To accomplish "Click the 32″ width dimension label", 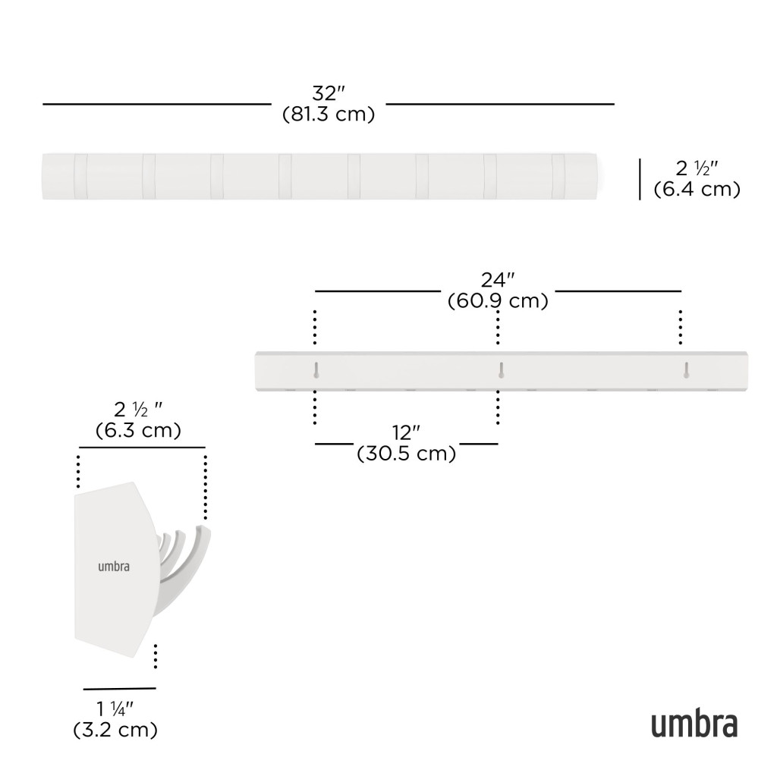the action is tap(328, 93).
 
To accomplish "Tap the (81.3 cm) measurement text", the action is tap(329, 114).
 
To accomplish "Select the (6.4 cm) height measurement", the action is tap(697, 190).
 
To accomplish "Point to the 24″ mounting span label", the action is tap(498, 280).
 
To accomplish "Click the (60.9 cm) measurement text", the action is tap(498, 301).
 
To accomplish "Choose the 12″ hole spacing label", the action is tap(406, 432).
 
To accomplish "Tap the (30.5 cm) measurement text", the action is tap(407, 454).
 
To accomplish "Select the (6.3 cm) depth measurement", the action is tap(138, 429).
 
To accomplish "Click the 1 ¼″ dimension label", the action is tap(115, 709).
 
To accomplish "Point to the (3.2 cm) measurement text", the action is tap(115, 730).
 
